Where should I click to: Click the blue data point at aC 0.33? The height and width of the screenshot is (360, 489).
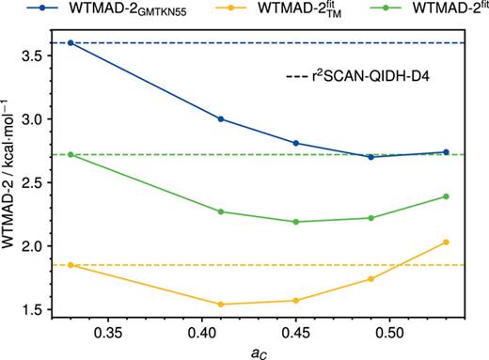(71, 43)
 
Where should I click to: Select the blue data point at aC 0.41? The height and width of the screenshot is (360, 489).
(220, 118)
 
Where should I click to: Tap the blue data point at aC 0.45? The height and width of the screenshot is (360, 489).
(295, 143)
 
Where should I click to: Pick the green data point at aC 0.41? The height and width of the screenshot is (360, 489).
(220, 211)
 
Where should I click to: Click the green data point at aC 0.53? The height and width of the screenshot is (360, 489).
(446, 196)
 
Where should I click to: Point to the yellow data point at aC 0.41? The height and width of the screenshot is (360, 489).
(220, 304)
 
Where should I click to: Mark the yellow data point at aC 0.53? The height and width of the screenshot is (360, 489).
(446, 242)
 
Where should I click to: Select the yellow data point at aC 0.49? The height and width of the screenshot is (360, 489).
(371, 278)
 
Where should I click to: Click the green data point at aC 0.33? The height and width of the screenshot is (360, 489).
(71, 154)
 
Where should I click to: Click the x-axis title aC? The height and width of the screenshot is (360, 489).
(258, 352)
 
